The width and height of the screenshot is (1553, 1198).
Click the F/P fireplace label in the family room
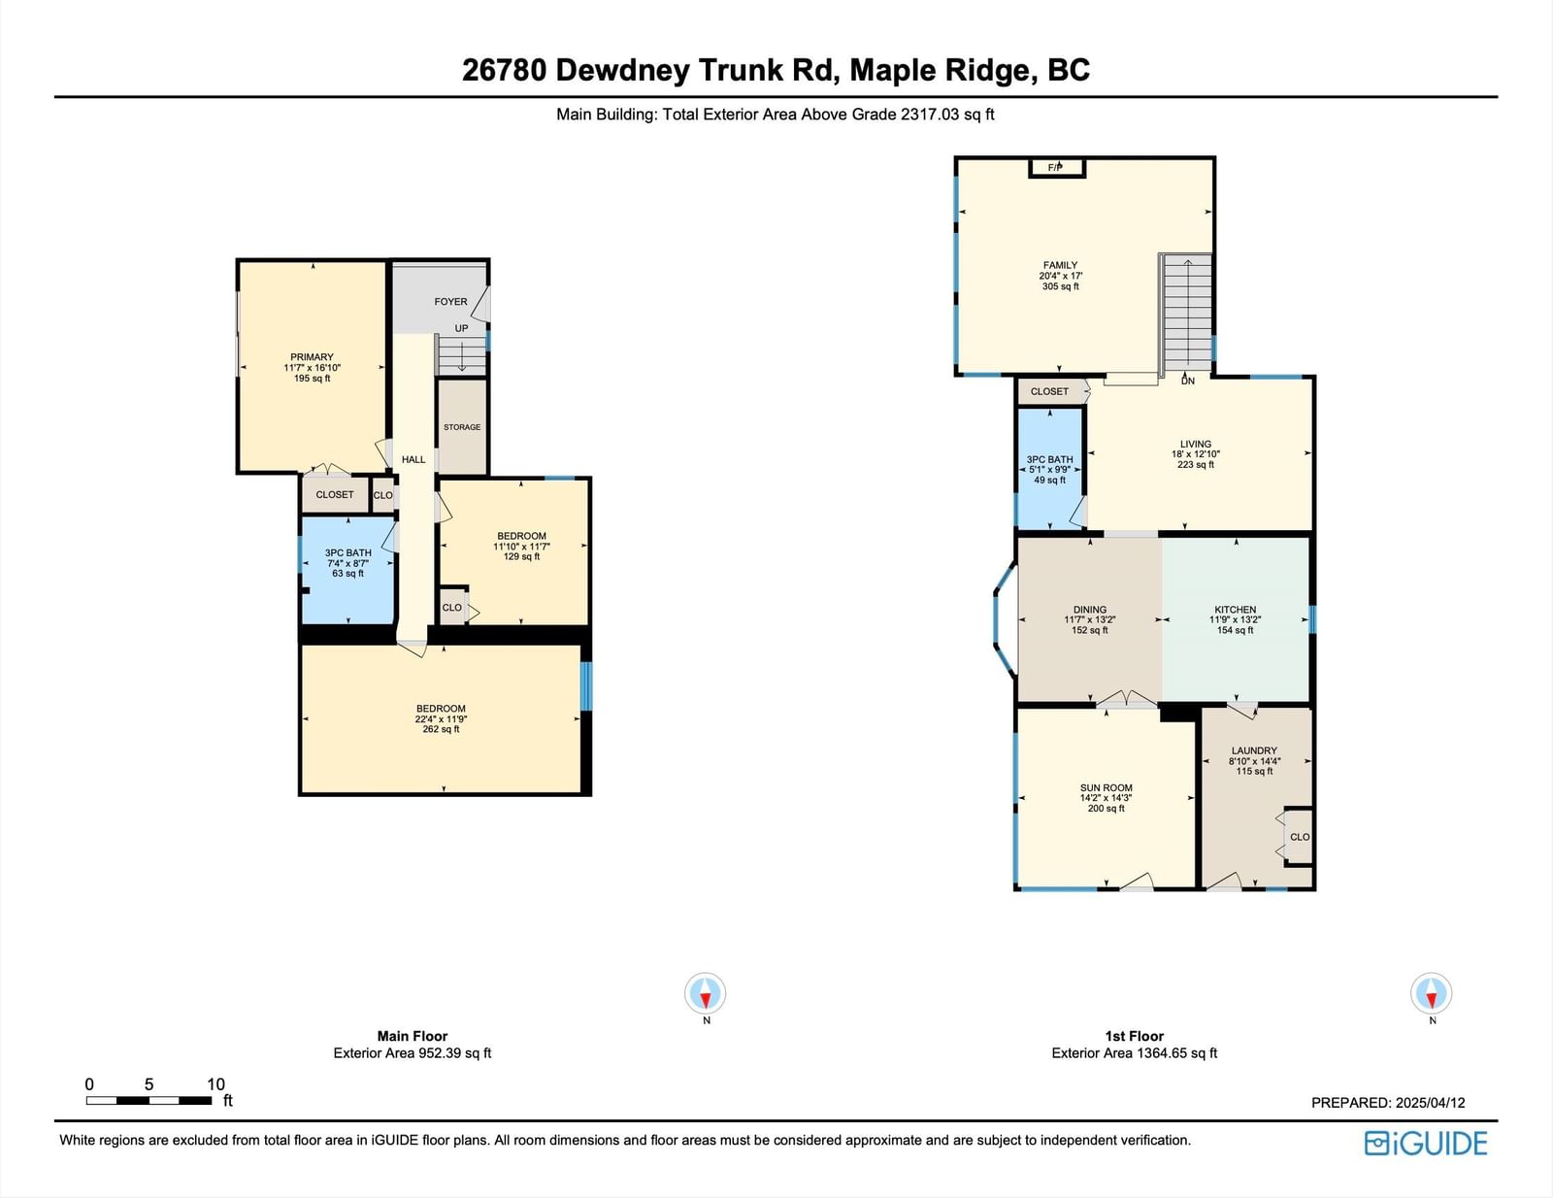click(1055, 168)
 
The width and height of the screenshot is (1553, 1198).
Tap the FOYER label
click(451, 302)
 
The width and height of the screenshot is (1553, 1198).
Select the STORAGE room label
click(462, 427)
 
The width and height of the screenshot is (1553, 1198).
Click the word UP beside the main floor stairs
click(462, 328)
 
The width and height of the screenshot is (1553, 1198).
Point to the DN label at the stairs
click(1188, 381)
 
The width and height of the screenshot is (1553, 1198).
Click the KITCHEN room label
click(1235, 610)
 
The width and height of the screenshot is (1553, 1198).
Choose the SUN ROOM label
click(1107, 787)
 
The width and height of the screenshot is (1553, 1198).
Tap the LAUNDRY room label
click(1254, 750)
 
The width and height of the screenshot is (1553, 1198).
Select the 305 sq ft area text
click(1061, 286)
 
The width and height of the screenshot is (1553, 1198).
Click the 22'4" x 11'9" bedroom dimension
click(441, 719)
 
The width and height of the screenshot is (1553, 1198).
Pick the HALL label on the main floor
click(413, 459)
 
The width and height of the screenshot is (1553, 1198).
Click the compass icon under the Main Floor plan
click(706, 993)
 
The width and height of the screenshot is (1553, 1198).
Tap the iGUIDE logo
click(1426, 1143)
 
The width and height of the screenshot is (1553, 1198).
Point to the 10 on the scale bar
click(215, 1084)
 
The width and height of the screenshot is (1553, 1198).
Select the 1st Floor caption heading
click(1135, 1036)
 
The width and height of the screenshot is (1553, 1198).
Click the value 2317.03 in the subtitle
click(930, 115)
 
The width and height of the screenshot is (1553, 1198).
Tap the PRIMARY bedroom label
click(312, 356)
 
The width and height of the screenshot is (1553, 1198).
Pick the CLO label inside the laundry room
click(1300, 837)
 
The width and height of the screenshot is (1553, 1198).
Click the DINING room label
click(1090, 610)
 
